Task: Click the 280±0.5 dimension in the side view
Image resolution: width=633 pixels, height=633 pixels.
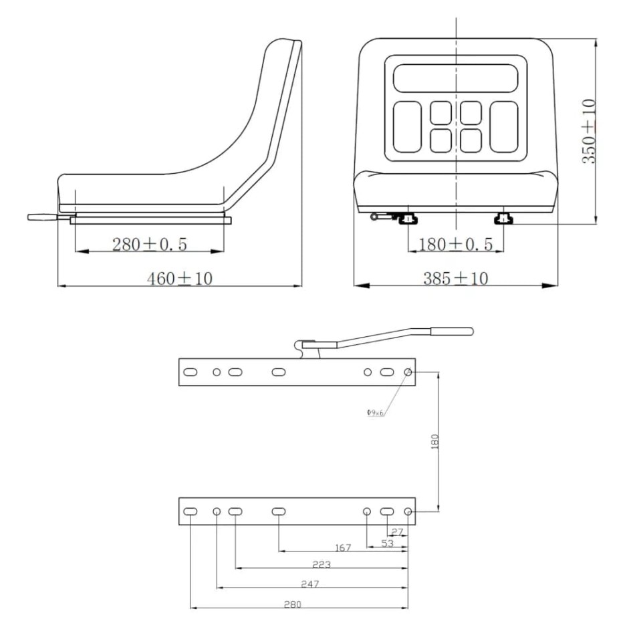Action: tap(150, 245)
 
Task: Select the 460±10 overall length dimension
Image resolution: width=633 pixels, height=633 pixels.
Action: tap(179, 278)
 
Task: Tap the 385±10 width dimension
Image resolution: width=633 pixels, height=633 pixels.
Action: tap(455, 278)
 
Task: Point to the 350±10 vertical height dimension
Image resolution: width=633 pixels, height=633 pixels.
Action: tap(588, 132)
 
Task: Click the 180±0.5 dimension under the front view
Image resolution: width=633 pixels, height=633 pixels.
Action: tap(455, 245)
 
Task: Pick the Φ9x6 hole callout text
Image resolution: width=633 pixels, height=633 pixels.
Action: tap(375, 412)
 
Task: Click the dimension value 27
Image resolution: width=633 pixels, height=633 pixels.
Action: tap(397, 532)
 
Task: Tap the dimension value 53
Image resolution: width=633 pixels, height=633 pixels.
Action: tap(388, 543)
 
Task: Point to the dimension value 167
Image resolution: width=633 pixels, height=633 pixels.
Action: tap(342, 548)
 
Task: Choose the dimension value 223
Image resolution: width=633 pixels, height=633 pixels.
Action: tap(322, 565)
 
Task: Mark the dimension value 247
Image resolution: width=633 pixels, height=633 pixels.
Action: tap(309, 584)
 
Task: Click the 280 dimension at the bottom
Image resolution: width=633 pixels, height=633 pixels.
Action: tap(292, 604)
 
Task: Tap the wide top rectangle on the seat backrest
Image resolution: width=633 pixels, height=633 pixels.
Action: tap(455, 78)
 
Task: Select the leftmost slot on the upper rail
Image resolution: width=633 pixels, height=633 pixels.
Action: tap(191, 372)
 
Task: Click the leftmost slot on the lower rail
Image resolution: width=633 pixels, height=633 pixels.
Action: tap(191, 511)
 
